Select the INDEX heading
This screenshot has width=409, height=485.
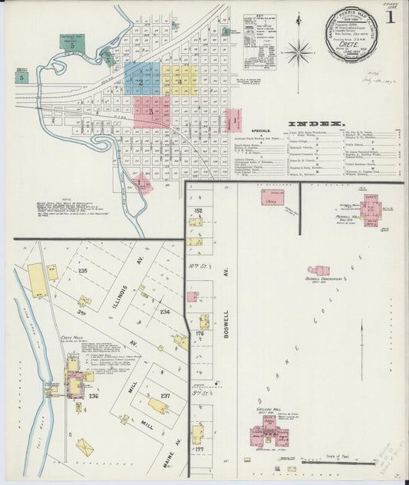(316, 124)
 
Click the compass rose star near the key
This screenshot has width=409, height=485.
(298, 52)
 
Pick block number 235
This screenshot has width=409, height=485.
(82, 271)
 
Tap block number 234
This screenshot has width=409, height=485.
(164, 312)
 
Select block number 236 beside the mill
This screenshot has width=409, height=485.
(94, 396)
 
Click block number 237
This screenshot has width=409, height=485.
(165, 396)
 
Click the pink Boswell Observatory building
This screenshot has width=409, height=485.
(318, 270)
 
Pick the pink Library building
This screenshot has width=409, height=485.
(272, 198)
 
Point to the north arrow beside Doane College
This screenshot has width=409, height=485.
(362, 350)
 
